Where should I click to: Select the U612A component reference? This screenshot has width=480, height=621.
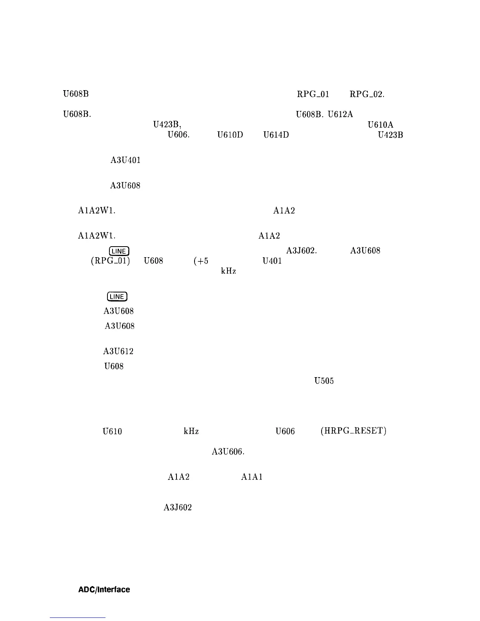tap(340, 114)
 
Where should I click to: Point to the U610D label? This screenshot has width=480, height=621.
tap(230, 135)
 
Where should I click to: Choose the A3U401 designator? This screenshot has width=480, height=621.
tap(125, 160)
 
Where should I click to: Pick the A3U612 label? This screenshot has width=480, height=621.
tap(118, 351)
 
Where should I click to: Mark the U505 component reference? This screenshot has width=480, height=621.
tap(324, 381)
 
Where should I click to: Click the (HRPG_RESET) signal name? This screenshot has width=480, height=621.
tap(353, 431)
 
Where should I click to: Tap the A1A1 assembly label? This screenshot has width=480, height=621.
tap(252, 477)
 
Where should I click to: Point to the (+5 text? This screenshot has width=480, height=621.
tap(201, 261)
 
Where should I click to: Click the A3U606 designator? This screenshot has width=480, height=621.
tap(228, 452)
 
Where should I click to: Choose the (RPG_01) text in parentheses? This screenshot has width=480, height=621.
tap(110, 261)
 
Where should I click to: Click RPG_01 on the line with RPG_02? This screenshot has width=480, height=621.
tap(313, 94)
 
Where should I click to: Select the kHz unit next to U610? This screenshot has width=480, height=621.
tap(191, 431)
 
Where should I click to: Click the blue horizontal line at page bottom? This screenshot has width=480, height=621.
tap(78, 617)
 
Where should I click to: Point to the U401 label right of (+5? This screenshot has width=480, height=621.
tap(272, 261)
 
